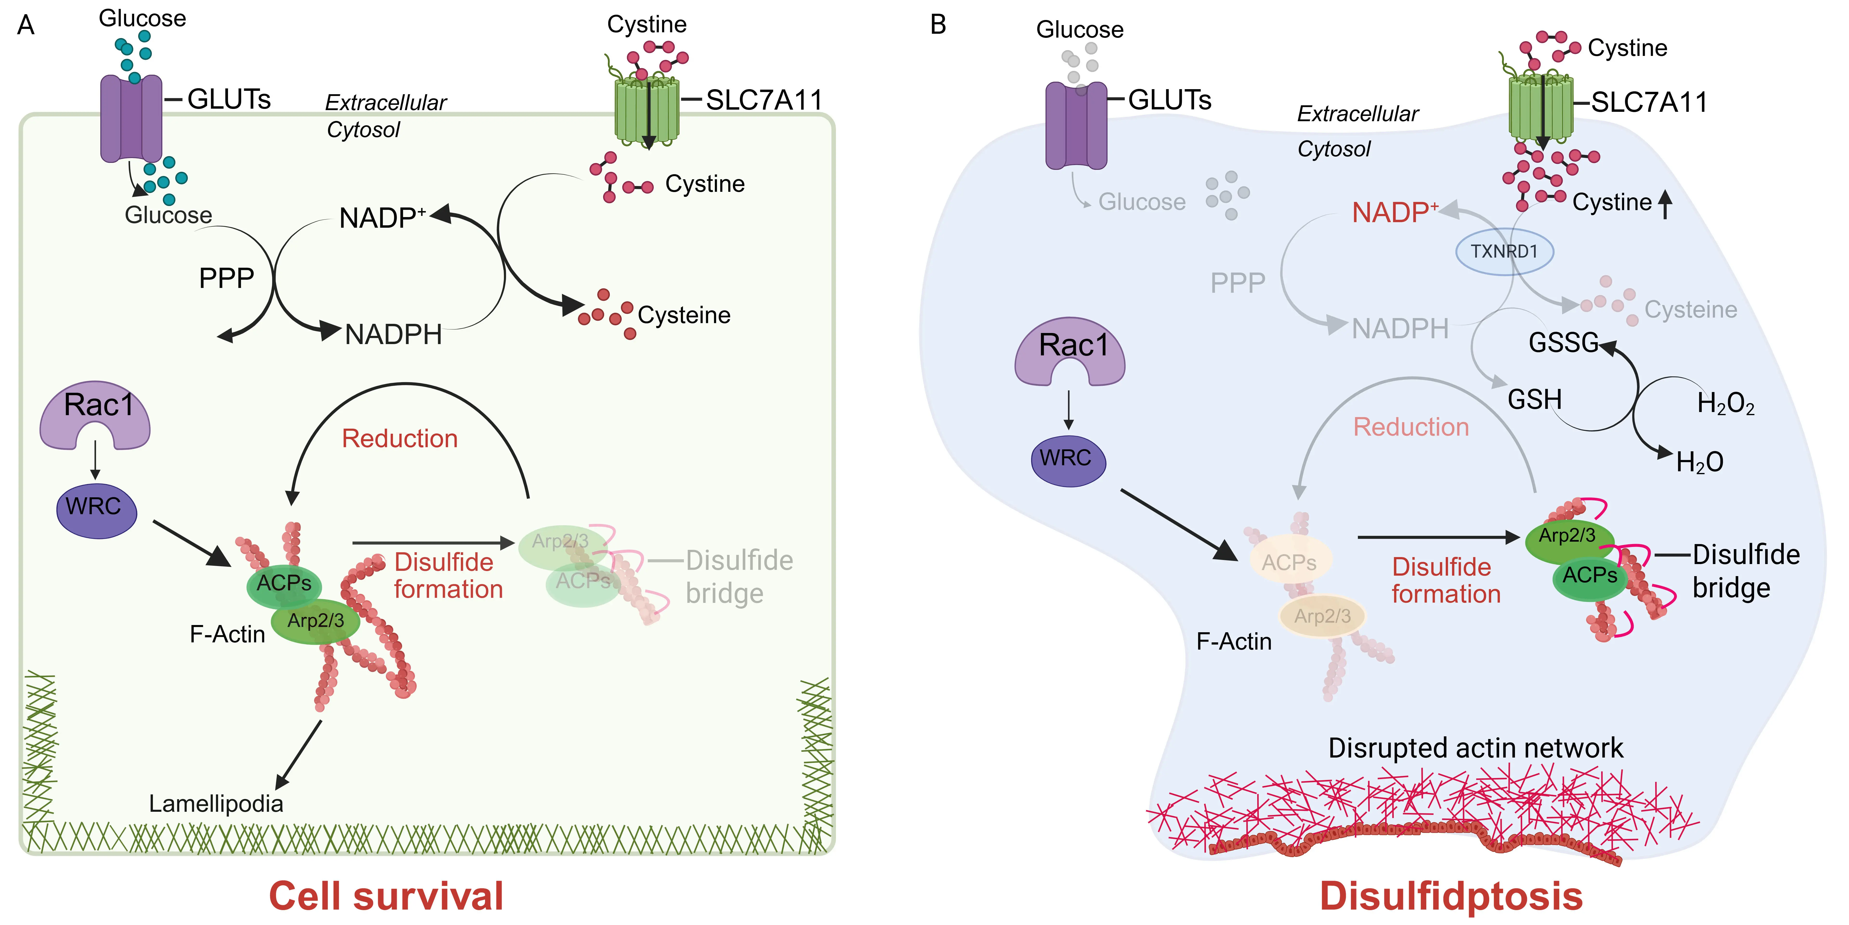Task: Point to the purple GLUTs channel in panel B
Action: coord(1075,126)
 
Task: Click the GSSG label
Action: coord(1563,343)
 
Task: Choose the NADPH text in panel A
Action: coord(393,335)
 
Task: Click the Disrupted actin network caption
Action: coord(1475,748)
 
